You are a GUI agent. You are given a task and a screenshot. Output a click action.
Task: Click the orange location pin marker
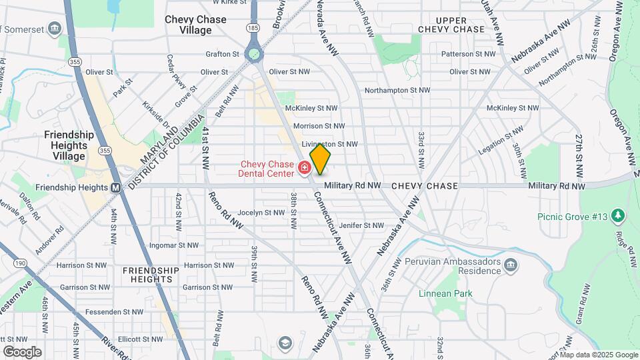[x=320, y=159]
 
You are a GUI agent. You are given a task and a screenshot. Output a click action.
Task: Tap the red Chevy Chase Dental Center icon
[x=305, y=167]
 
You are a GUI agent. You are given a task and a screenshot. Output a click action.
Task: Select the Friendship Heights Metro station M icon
[x=115, y=187]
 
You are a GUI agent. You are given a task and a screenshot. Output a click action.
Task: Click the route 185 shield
[x=253, y=28]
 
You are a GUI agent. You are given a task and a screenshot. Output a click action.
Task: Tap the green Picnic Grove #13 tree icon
[x=618, y=215]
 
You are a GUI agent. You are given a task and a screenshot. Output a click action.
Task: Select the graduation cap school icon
[x=285, y=343]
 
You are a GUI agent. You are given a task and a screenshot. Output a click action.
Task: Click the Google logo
[x=22, y=351]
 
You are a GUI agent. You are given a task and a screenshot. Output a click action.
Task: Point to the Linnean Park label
[x=445, y=293]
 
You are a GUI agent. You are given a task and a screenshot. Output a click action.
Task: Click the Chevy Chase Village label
[x=196, y=25]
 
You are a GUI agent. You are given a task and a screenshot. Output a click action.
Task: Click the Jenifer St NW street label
[x=362, y=226]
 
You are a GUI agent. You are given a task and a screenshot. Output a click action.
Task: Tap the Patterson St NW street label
[x=472, y=53]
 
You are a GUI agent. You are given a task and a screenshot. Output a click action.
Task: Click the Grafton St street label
[x=223, y=54]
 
